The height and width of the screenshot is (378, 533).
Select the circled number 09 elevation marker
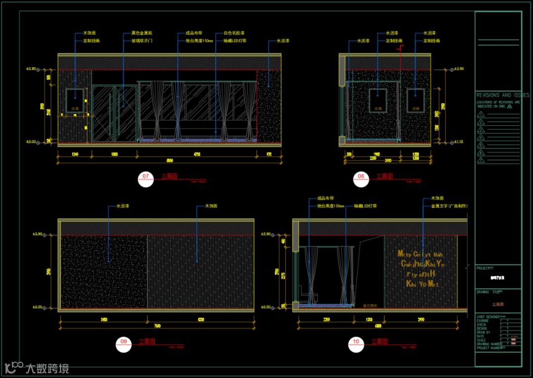pyautogui.click(x=124, y=344)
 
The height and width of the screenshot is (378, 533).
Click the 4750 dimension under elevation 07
pyautogui.click(x=196, y=155)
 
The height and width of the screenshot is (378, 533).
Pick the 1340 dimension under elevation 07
pyautogui.click(x=75, y=155)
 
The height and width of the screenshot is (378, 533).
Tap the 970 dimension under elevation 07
pyautogui.click(x=269, y=155)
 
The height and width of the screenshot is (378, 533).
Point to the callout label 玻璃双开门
pyautogui.click(x=142, y=41)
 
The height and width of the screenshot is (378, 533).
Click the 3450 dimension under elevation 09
pyautogui.click(x=104, y=320)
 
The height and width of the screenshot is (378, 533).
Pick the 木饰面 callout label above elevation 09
pyautogui.click(x=211, y=206)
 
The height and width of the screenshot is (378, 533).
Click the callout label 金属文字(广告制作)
pyautogui.click(x=449, y=206)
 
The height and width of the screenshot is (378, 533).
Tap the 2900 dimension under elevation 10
pyautogui.click(x=420, y=320)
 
